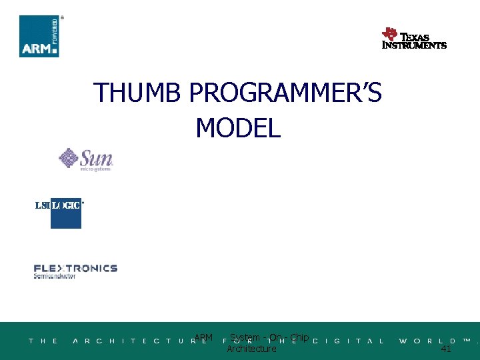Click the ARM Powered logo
[x=39, y=36]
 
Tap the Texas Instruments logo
[x=413, y=39]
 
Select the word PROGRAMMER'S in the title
[x=285, y=93]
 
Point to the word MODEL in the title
[x=238, y=127]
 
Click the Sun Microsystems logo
[x=86, y=160]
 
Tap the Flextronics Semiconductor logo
[x=75, y=271]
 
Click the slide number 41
[x=446, y=349]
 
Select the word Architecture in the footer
[x=251, y=349]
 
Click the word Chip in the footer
[x=299, y=337]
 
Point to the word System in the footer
[x=245, y=337]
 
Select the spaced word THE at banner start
[x=43, y=341]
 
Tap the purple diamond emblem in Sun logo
[x=69, y=158]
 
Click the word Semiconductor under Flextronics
[x=55, y=276]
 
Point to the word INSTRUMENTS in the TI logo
[x=414, y=45]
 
